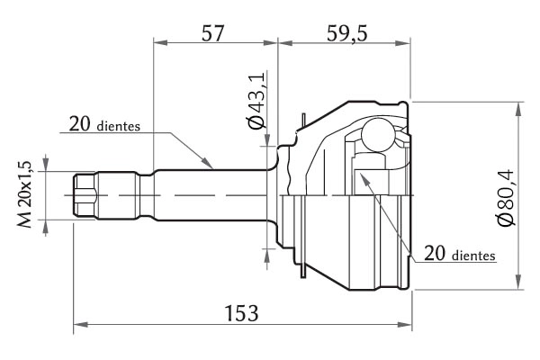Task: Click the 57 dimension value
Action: pos(212,33)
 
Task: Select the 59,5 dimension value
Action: pos(347,33)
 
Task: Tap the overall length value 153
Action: pos(241,313)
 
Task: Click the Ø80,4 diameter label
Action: pos(506,197)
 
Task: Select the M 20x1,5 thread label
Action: pos(25,194)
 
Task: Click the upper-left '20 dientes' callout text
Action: pos(104,124)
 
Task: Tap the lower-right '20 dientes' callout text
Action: pos(460,254)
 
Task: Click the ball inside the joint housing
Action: pos(377,135)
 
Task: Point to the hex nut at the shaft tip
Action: pos(85,195)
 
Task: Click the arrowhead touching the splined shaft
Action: pos(207,163)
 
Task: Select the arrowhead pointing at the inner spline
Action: pos(364,179)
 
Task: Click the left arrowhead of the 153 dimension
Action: pos(80,325)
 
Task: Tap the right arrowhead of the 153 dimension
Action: pos(405,325)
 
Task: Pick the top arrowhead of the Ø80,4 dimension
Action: pos(517,109)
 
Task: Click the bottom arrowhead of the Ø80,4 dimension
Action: pos(517,282)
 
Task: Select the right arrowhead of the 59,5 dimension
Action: pos(403,43)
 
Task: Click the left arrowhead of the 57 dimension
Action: pos(160,42)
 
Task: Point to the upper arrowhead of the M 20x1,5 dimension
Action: pos(46,165)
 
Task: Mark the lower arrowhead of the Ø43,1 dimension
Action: pos(267,255)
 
